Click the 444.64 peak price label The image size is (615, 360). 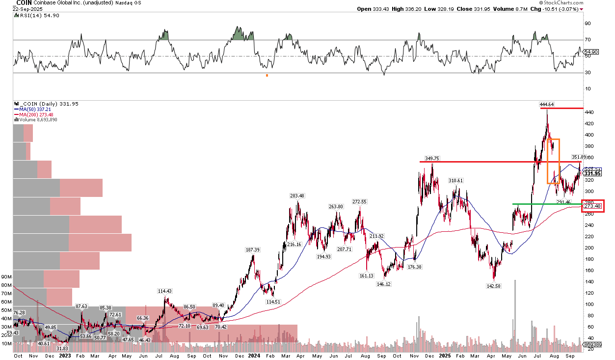pyautogui.click(x=547, y=105)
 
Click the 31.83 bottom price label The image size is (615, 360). pyautogui.click(x=62, y=348)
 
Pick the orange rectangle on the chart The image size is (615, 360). pyautogui.click(x=553, y=161)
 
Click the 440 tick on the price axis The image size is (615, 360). pyautogui.click(x=588, y=112)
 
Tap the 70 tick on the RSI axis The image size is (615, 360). pyautogui.click(x=588, y=40)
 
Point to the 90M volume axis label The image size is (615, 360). pyautogui.click(x=7, y=277)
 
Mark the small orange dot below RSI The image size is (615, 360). pyautogui.click(x=267, y=75)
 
